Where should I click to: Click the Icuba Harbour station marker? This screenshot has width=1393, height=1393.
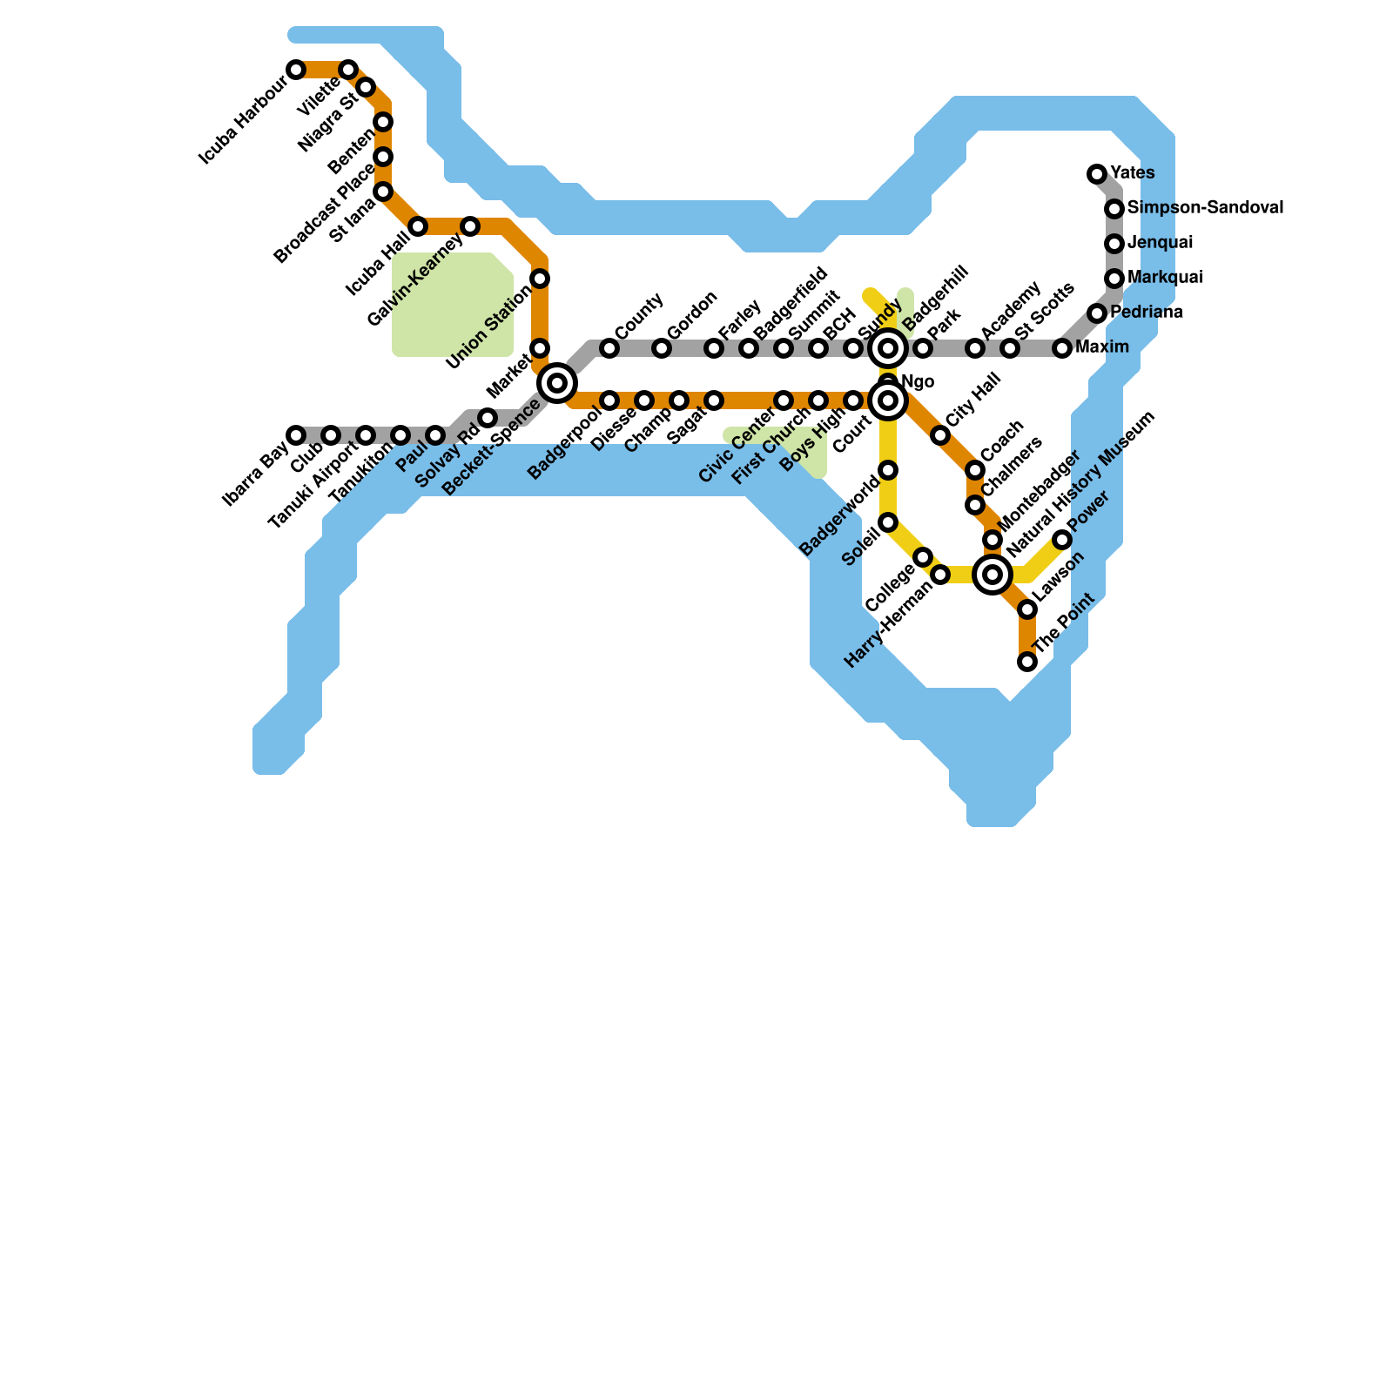[296, 70]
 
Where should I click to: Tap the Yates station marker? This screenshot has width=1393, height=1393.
[1097, 174]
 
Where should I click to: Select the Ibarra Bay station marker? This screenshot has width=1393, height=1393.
[296, 435]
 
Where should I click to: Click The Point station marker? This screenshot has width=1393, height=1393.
[1027, 663]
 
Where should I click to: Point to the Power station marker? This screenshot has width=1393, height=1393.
[1062, 541]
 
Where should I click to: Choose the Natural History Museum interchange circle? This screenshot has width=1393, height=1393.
[993, 575]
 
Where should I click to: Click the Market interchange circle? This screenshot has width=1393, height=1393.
[557, 383]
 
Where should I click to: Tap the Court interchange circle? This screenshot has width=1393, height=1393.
[888, 400]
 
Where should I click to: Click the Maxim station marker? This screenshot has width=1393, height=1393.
[1062, 348]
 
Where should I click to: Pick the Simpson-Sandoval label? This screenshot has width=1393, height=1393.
[1205, 208]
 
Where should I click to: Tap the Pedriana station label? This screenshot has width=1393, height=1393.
[1146, 313]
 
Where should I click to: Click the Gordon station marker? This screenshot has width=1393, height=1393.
[662, 349]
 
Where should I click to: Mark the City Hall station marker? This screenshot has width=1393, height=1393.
[940, 435]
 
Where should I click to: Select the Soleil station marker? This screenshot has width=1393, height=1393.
[888, 522]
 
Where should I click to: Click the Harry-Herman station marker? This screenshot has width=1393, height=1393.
[940, 575]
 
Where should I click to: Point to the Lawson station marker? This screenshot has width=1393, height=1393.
[1027, 609]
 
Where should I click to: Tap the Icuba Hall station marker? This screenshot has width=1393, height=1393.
[418, 227]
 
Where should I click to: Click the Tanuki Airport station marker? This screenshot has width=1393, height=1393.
[366, 435]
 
